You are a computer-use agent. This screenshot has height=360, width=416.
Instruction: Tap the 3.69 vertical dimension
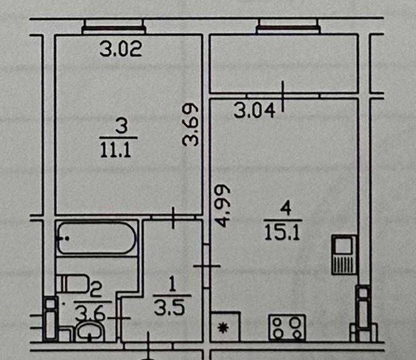point(190,124)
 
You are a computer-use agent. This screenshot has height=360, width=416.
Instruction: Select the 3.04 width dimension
point(254,110)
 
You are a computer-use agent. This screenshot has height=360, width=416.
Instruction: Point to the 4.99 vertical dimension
point(222,205)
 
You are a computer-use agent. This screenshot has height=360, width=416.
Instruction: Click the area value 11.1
point(116,150)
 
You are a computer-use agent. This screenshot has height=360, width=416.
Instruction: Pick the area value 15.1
point(282,232)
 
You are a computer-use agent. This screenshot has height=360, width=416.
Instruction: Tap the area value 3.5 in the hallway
point(169,308)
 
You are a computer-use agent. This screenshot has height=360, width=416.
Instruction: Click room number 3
point(122,126)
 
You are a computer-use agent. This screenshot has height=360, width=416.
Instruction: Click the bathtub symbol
point(97,238)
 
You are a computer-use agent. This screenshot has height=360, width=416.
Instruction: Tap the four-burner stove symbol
point(287,327)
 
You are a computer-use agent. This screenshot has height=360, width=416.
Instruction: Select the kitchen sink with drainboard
point(343,255)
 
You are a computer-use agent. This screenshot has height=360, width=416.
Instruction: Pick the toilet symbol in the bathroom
point(72,284)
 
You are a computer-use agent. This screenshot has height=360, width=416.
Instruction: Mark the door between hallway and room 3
point(173,218)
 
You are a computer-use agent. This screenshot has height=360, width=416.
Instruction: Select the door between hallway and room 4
point(206,266)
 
